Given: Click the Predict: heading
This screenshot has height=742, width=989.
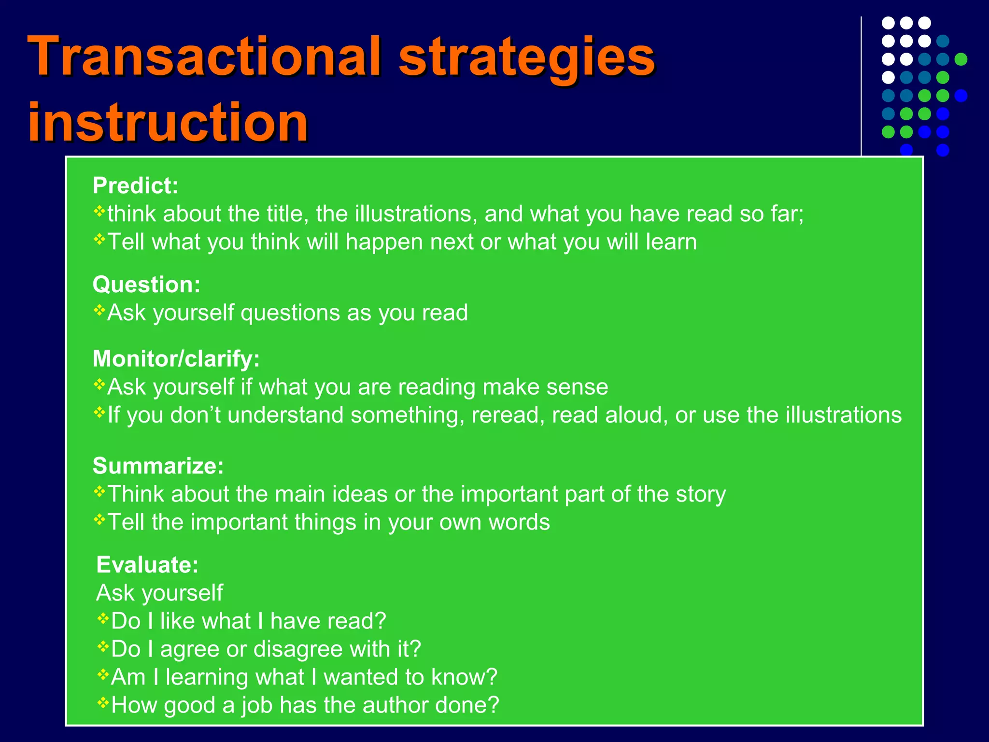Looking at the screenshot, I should [x=135, y=185].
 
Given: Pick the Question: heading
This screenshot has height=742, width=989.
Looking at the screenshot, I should [x=146, y=285].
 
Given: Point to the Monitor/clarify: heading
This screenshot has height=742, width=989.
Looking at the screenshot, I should [x=176, y=358].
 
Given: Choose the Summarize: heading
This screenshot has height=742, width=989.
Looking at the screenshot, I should [x=158, y=466].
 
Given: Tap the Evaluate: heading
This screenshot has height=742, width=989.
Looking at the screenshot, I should [x=147, y=565].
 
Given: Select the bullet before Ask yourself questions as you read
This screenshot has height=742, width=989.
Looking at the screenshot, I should [x=99, y=309].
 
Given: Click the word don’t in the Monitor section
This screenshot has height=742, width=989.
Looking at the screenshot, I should [x=196, y=415].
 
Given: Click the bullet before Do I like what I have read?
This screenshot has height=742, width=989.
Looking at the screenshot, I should [x=103, y=617].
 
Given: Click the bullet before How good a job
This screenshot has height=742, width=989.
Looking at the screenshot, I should [x=103, y=701].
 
